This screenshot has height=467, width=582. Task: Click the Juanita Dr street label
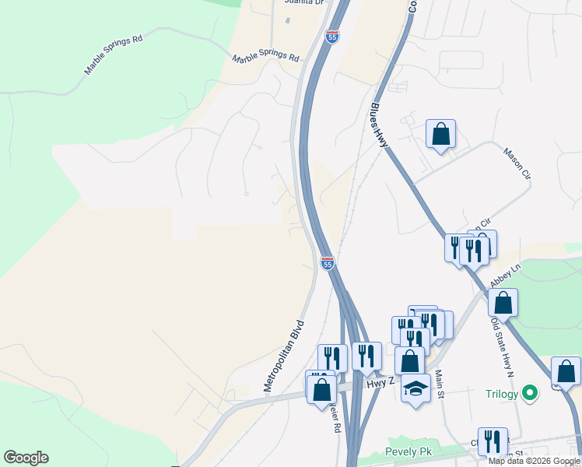[x=303, y=3]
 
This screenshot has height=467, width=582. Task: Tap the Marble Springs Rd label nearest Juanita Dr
[x=266, y=57]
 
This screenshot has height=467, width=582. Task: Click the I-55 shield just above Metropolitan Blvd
[x=327, y=265]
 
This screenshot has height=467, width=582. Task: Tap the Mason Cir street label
[x=517, y=163]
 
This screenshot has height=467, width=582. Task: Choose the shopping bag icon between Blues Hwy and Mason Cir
[x=440, y=135]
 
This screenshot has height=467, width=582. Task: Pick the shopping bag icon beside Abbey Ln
[x=503, y=303]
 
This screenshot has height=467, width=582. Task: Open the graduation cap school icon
[x=416, y=387]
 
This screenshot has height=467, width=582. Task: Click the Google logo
[x=26, y=458]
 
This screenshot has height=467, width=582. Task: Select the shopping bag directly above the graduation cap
[x=409, y=360]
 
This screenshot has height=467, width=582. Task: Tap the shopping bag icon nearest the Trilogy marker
[x=566, y=371]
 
